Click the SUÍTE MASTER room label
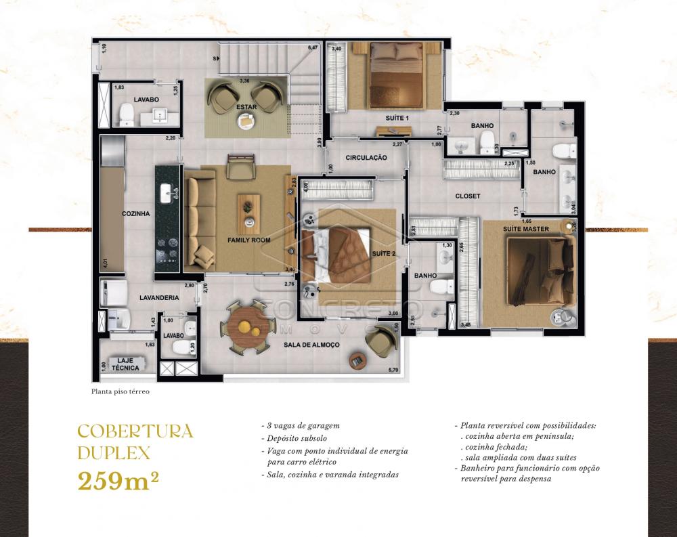click(x=526, y=229)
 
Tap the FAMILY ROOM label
click(x=249, y=240)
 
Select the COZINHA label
click(x=135, y=214)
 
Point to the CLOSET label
click(x=467, y=196)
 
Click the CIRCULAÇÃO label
click(x=366, y=158)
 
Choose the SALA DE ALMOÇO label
click(x=311, y=345)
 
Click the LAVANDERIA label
click(x=159, y=297)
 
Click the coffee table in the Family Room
click(x=249, y=211)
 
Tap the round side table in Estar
click(x=245, y=121)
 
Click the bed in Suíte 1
click(x=396, y=73)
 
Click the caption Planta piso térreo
click(x=120, y=391)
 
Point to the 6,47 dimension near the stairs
click(x=313, y=48)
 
